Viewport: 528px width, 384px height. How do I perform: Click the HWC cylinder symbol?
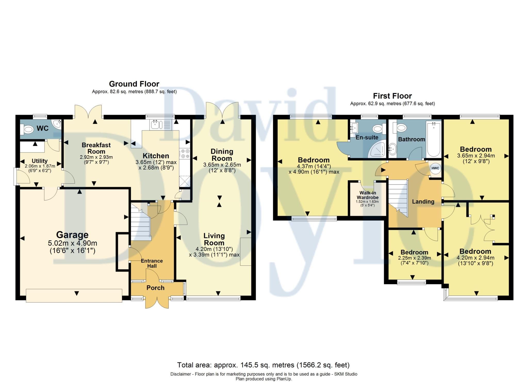[x=435, y=168]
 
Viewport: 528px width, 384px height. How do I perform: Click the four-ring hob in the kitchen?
[x=185, y=153]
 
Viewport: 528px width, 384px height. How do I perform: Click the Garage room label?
[x=72, y=235]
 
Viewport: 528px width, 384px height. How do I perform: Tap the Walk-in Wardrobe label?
[x=368, y=195]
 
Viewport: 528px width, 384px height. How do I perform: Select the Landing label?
[x=423, y=202]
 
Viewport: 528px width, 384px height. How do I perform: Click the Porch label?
[x=155, y=288]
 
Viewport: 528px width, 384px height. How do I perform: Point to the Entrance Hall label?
[x=152, y=263]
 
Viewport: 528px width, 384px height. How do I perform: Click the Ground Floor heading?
[x=134, y=84]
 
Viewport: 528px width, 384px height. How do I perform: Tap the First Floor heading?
[x=392, y=96]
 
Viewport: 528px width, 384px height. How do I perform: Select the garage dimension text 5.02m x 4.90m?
[x=72, y=243]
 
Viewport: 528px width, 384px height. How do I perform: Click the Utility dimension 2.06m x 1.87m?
[x=40, y=166]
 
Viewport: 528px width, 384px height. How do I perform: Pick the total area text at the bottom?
[x=263, y=365]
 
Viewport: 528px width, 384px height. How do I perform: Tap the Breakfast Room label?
[x=96, y=148]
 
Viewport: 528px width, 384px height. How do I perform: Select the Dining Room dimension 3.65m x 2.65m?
[x=222, y=165]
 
